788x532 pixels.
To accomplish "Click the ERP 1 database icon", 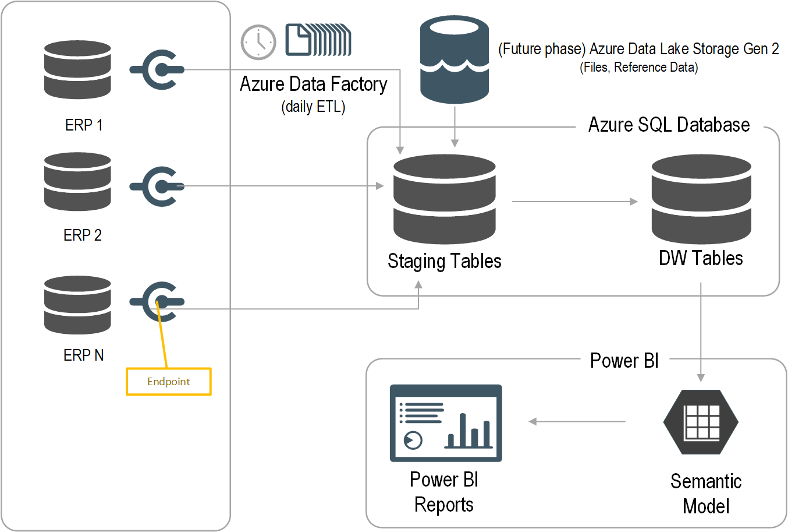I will coord(77,69).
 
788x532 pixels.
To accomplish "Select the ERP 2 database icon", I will coord(77,182).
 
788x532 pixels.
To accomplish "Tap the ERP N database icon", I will coord(77,305).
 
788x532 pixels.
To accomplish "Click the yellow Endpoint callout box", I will coord(168,382).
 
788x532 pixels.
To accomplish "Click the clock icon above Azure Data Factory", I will coord(258,42).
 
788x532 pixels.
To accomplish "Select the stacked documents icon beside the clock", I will coord(318,40).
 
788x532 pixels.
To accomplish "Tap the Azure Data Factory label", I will coord(313,84).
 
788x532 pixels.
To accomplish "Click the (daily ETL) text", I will coord(313,107).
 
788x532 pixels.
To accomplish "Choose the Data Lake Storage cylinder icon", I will coord(454,59).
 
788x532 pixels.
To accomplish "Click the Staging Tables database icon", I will coord(444,199).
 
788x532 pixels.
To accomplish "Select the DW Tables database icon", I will coord(701,199).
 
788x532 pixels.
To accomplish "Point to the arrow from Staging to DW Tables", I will coord(574,202).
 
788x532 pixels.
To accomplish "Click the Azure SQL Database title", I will coord(669,125).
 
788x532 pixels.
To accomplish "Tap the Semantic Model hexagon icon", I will coord(701,422).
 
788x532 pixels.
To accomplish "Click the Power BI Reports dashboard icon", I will coord(446,423).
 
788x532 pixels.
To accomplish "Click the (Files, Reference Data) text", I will coord(638,68).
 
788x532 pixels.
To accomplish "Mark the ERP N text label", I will coord(83,355).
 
